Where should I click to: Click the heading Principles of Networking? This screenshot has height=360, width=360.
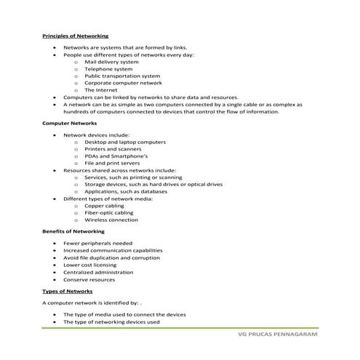(x=76, y=36)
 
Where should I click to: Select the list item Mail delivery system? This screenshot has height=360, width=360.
(x=111, y=63)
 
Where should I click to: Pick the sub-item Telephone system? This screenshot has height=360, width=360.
(x=108, y=69)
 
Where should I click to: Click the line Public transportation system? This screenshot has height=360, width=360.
(x=121, y=76)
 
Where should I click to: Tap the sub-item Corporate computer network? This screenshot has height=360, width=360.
(x=123, y=83)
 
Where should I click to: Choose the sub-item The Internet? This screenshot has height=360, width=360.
(x=100, y=89)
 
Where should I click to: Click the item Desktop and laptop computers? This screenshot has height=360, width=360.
(x=125, y=142)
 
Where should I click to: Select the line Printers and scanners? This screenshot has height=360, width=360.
(x=113, y=149)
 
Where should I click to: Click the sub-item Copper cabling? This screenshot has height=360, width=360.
(x=104, y=206)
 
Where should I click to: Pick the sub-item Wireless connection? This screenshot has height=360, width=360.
(x=111, y=220)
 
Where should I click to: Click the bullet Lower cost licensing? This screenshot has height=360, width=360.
(x=92, y=265)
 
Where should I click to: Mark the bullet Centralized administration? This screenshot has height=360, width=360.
(x=98, y=272)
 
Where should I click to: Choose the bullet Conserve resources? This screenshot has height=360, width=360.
(x=89, y=279)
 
